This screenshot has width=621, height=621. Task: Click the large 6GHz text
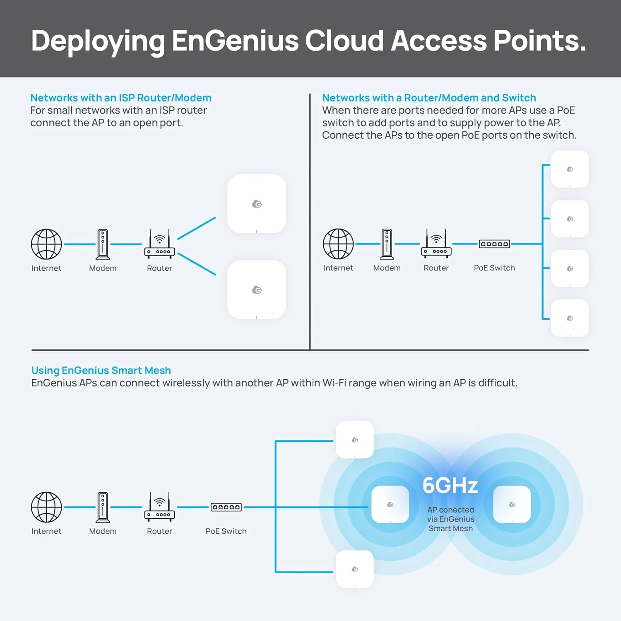pyautogui.click(x=450, y=485)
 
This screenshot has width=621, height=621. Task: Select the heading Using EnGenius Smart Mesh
pyautogui.click(x=101, y=370)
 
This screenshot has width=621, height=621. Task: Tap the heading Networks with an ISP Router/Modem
pyautogui.click(x=121, y=98)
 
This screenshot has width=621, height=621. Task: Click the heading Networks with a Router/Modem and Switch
pyautogui.click(x=429, y=98)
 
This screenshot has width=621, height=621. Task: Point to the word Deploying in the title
pyautogui.click(x=98, y=41)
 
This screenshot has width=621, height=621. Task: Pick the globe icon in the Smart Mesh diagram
pyautogui.click(x=46, y=507)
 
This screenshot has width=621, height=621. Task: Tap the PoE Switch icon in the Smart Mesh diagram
pyautogui.click(x=226, y=507)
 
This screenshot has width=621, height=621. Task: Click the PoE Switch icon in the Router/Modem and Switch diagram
pyautogui.click(x=494, y=244)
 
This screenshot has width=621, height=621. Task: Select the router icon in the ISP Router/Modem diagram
pyautogui.click(x=159, y=244)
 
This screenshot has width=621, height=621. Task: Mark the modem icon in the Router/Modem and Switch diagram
pyautogui.click(x=387, y=244)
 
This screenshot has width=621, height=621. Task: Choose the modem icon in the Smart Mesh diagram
pyautogui.click(x=103, y=507)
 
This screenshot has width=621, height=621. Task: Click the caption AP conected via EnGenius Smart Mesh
pyautogui.click(x=450, y=519)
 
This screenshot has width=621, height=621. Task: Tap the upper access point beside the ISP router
pyautogui.click(x=257, y=204)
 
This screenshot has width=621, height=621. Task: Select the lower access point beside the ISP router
pyautogui.click(x=257, y=290)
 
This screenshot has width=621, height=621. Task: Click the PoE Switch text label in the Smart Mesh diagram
pyautogui.click(x=226, y=531)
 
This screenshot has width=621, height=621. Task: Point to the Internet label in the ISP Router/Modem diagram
pyautogui.click(x=46, y=268)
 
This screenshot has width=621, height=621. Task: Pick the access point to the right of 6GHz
pyautogui.click(x=512, y=504)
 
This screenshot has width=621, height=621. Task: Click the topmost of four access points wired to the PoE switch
pyautogui.click(x=570, y=169)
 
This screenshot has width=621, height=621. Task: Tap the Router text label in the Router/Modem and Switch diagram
pyautogui.click(x=436, y=268)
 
